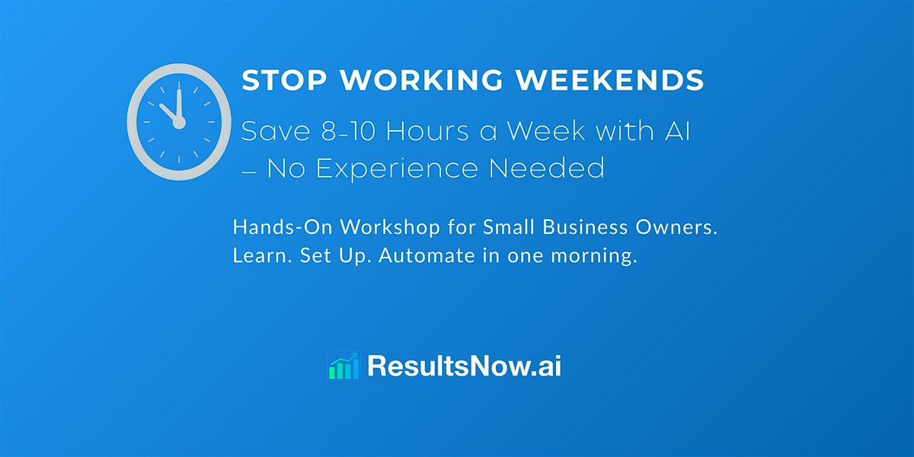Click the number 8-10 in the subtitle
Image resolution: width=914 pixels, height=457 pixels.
341,131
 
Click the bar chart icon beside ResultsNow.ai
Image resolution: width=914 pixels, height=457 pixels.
343,366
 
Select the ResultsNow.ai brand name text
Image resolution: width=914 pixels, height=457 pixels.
464,366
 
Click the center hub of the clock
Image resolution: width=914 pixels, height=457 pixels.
180,123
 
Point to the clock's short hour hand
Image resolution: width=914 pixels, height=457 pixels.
169,113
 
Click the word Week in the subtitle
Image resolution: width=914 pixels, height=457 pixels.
545,131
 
